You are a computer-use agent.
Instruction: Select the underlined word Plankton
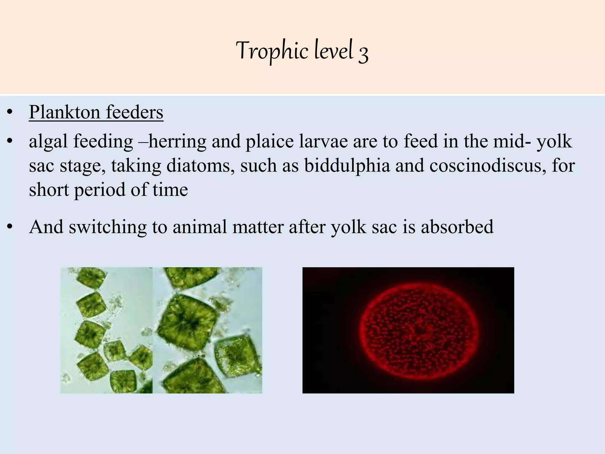tap(64, 113)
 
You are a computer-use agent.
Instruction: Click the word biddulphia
tap(347, 166)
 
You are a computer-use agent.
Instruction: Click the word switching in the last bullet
tap(108, 227)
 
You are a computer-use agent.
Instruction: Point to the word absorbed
tap(457, 227)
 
